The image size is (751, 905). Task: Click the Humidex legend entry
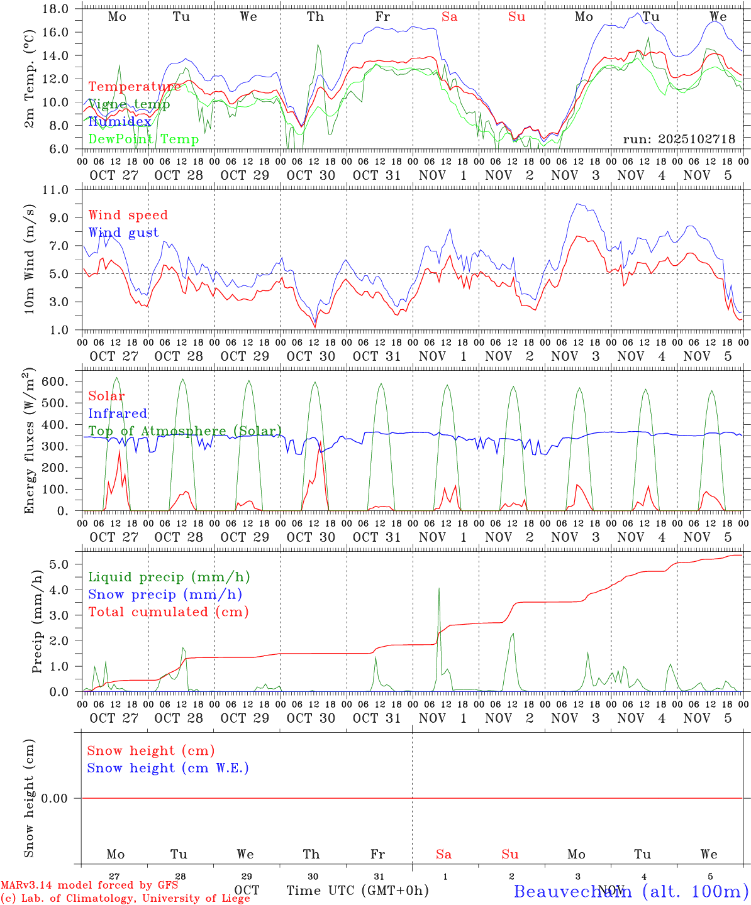tap(120, 122)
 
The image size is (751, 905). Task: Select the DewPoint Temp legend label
tap(143, 140)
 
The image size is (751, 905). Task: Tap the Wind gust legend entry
tap(123, 233)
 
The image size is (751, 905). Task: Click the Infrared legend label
tap(118, 414)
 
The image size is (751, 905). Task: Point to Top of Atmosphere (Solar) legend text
tap(184, 431)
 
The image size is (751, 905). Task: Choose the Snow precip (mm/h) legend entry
tap(165, 595)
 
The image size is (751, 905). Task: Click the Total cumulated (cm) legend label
tap(168, 612)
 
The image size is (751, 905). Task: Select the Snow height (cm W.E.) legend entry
tap(167, 768)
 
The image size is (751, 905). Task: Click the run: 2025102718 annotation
tap(679, 140)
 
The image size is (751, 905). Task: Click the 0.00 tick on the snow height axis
tap(54, 798)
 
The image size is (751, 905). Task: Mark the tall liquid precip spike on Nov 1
tap(438, 589)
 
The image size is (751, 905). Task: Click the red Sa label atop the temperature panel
tap(449, 17)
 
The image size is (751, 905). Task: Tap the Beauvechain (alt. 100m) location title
tap(631, 891)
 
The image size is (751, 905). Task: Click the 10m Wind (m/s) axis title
tap(30, 260)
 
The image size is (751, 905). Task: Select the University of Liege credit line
tap(126, 898)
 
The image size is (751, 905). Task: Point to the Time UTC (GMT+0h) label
tap(357, 891)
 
